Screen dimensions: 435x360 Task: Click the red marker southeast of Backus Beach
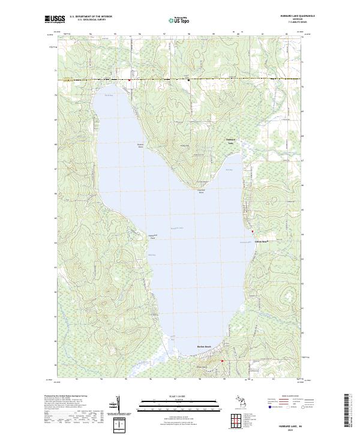tap(222, 361)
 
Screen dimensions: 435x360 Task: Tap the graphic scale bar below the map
tap(179, 404)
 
